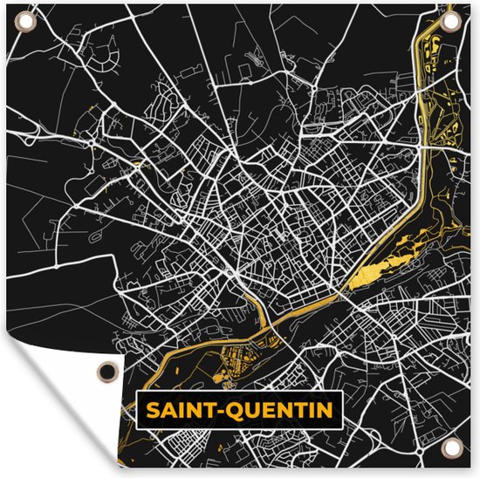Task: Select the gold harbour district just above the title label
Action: [236, 358]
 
